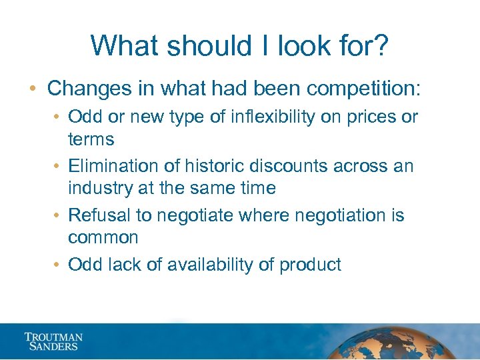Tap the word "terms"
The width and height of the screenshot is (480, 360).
tap(91, 139)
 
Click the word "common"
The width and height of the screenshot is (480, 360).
tap(103, 237)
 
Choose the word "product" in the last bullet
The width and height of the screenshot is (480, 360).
tap(310, 265)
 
